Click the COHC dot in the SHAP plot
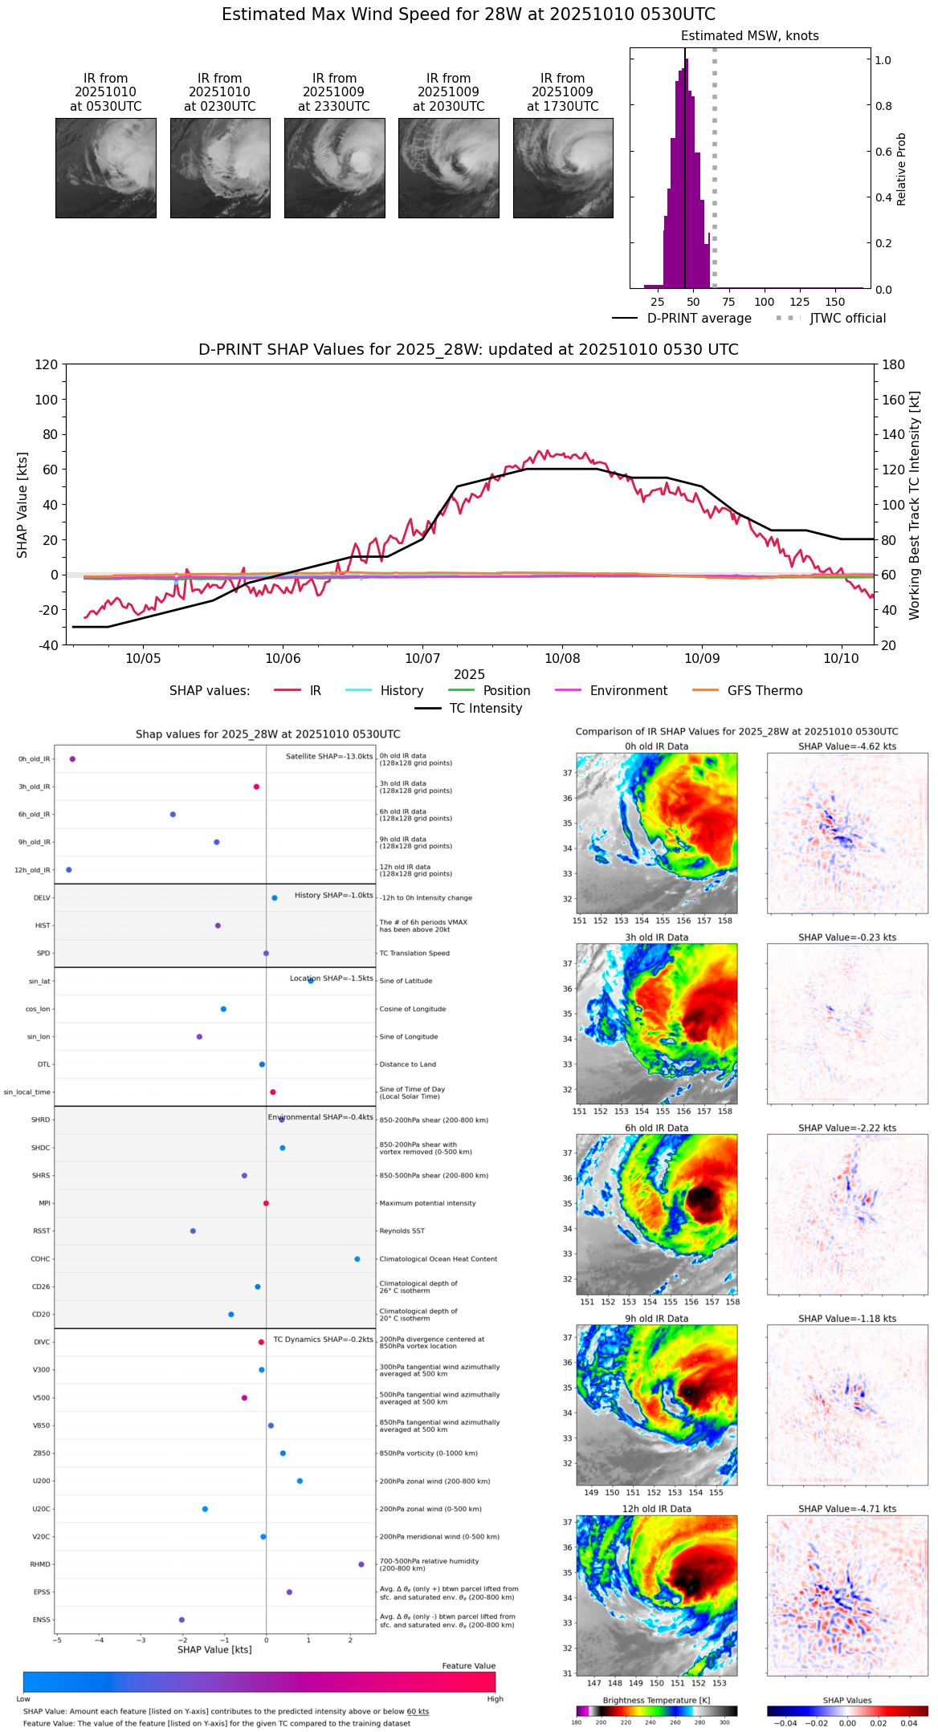coord(357,1258)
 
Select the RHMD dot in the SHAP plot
coord(361,1564)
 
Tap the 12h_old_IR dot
coord(69,870)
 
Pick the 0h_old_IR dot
coord(72,759)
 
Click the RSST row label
coord(41,1231)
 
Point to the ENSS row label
coord(41,1620)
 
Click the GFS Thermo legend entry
coord(765,691)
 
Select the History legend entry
coord(402,691)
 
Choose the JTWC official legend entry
coord(847,319)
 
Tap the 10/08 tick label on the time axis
coord(562,658)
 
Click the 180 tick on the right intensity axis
coord(894,365)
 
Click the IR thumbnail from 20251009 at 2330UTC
coord(334,168)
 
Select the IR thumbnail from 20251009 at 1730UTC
coord(563,168)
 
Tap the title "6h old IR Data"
coord(656,1128)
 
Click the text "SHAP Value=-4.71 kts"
coord(847,1509)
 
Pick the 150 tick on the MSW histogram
coord(835,302)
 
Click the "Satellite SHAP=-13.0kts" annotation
coord(329,757)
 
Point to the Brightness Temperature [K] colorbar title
coord(656,1700)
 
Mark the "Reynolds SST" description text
coord(402,1231)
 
